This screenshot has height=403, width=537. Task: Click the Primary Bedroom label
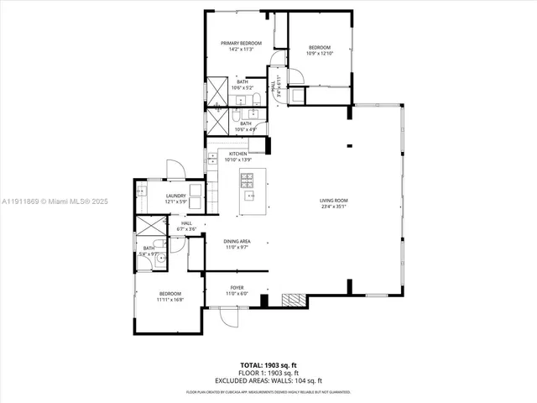241,43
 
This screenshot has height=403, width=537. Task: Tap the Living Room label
333,200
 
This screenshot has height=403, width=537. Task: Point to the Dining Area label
237,242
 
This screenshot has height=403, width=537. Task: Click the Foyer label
237,287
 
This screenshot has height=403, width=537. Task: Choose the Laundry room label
175,196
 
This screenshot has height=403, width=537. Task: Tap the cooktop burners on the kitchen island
248,178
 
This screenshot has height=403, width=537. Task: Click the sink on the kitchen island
248,196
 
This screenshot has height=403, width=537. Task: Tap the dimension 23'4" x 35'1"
333,206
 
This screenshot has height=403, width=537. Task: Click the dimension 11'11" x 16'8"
170,300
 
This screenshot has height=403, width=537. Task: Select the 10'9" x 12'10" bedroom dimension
320,53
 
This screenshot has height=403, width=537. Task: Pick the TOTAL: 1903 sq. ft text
268,364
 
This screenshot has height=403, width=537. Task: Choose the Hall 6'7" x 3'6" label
185,226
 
